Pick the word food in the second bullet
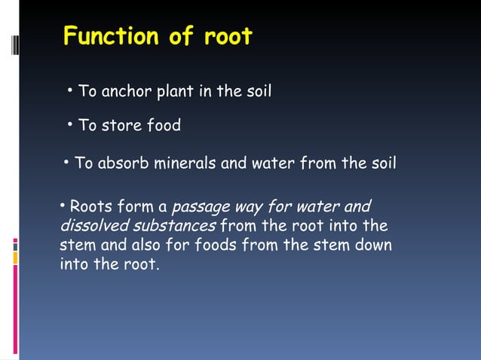click(164, 126)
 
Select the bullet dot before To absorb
click(66, 162)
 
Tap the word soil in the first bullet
click(259, 92)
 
